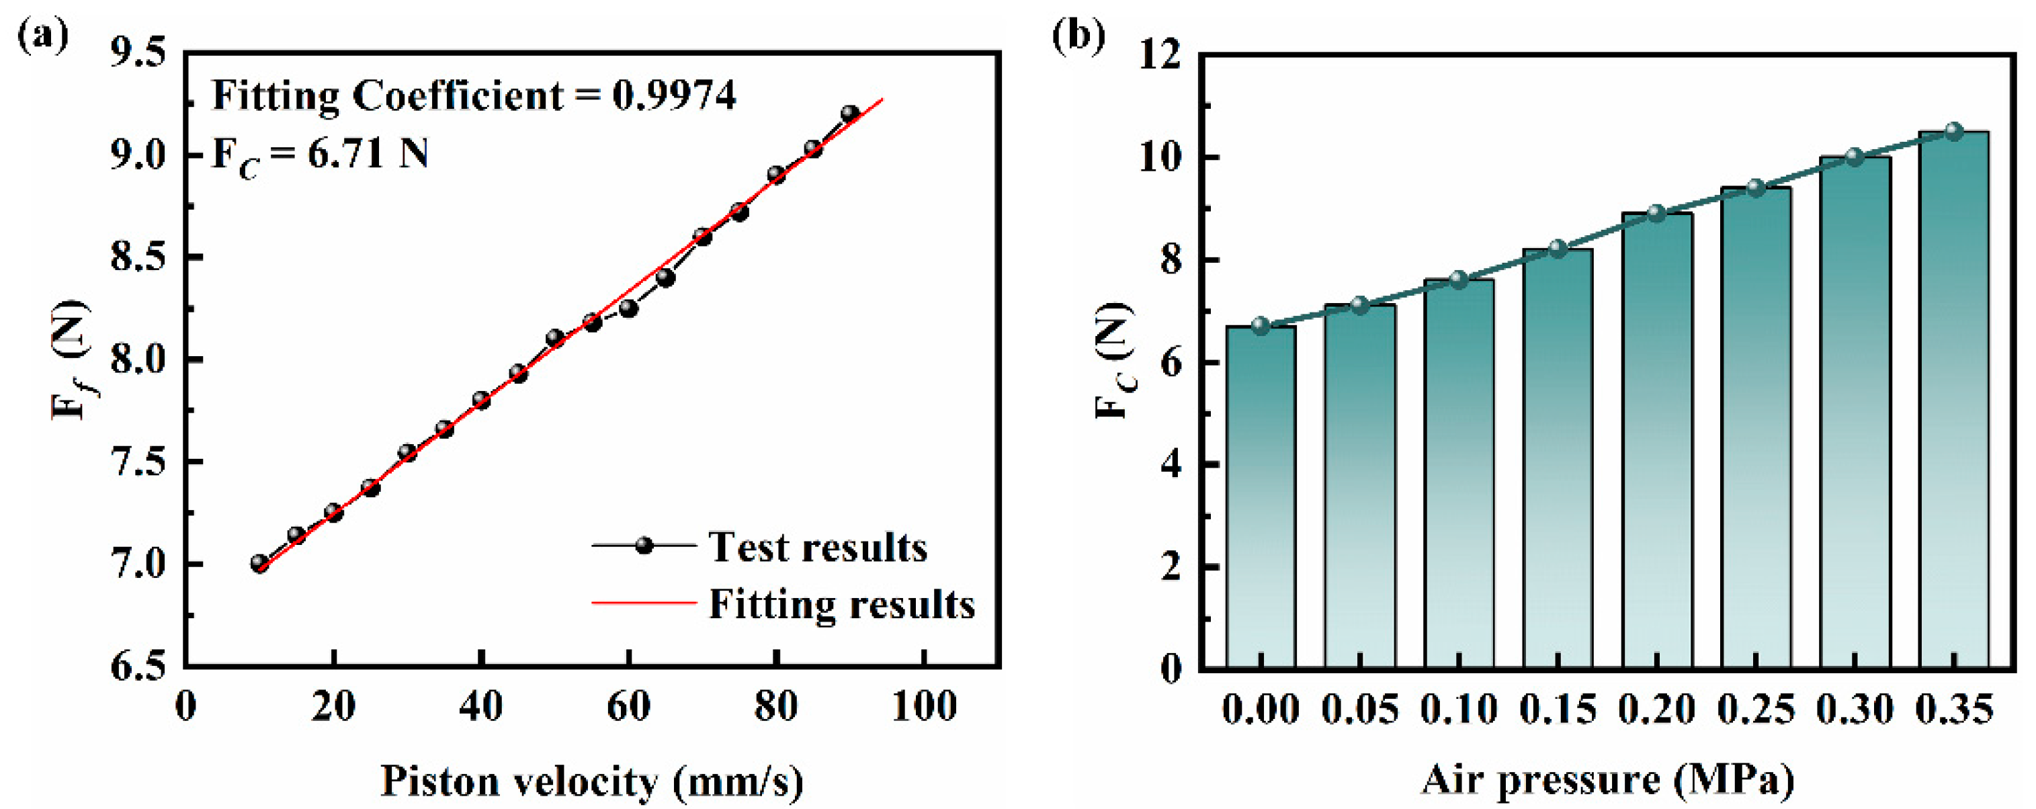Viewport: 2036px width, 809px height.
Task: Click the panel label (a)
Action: (44, 36)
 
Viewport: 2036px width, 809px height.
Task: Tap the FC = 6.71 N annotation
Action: (320, 154)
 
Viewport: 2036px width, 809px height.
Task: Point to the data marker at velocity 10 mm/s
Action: (259, 563)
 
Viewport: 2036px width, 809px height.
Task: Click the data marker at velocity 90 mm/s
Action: (849, 114)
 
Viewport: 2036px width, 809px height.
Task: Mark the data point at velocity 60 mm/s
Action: (628, 308)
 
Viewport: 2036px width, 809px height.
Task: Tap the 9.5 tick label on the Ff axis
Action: (138, 54)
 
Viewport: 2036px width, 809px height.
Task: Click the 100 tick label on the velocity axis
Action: (924, 706)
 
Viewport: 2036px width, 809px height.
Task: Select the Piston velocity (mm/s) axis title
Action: (592, 781)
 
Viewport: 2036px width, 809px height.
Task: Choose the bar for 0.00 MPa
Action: (1261, 498)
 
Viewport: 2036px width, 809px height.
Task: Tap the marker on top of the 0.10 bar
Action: (1458, 280)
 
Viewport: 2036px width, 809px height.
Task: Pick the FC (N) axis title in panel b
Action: (1115, 360)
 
